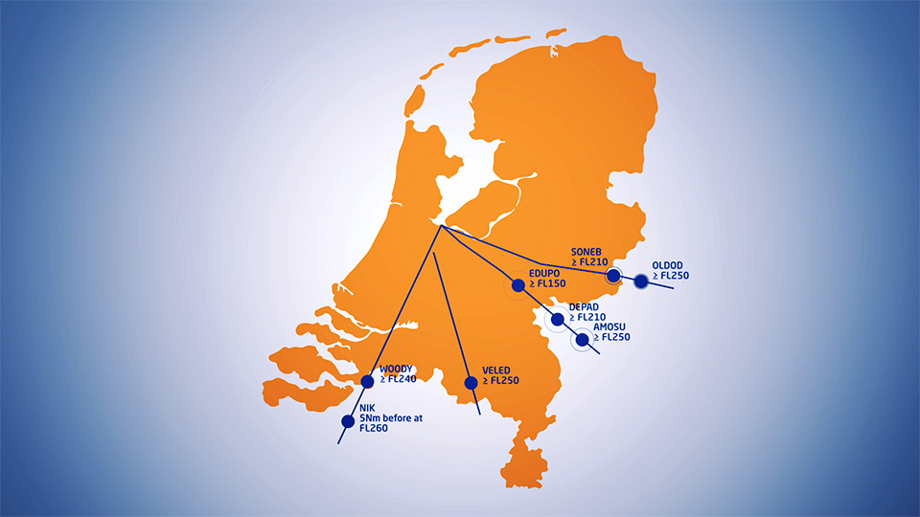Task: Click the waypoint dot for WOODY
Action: point(367,381)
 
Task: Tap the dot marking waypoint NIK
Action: point(348,420)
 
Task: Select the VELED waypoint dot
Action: point(471,383)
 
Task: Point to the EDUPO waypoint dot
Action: point(517,284)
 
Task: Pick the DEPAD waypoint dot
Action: point(558,319)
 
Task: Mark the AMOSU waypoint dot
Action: point(582,339)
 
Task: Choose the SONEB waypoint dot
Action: point(613,277)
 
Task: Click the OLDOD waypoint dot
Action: point(640,281)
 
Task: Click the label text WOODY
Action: point(396,370)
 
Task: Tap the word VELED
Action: point(496,370)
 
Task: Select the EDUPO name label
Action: point(543,273)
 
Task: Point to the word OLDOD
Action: point(667,265)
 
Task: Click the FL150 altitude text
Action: point(554,283)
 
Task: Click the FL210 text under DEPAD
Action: point(591,317)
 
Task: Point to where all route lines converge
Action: point(440,226)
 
